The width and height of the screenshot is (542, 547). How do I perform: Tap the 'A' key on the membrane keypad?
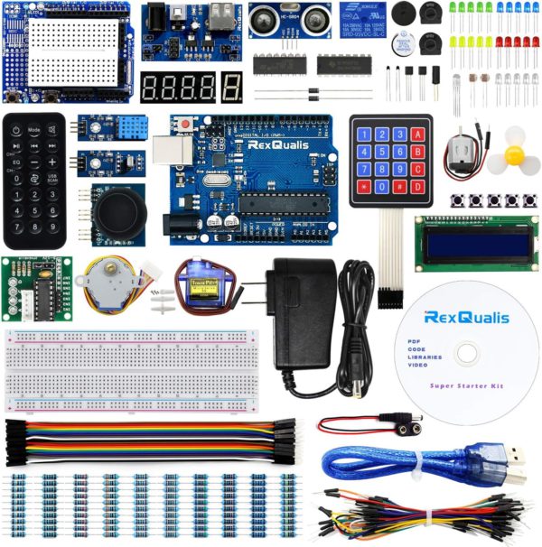(x=418, y=134)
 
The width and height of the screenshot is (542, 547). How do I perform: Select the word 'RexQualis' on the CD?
(x=467, y=318)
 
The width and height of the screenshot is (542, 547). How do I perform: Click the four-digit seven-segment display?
(x=178, y=88)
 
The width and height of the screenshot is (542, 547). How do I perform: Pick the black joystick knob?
(x=117, y=214)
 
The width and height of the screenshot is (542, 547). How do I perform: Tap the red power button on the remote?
(x=17, y=129)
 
